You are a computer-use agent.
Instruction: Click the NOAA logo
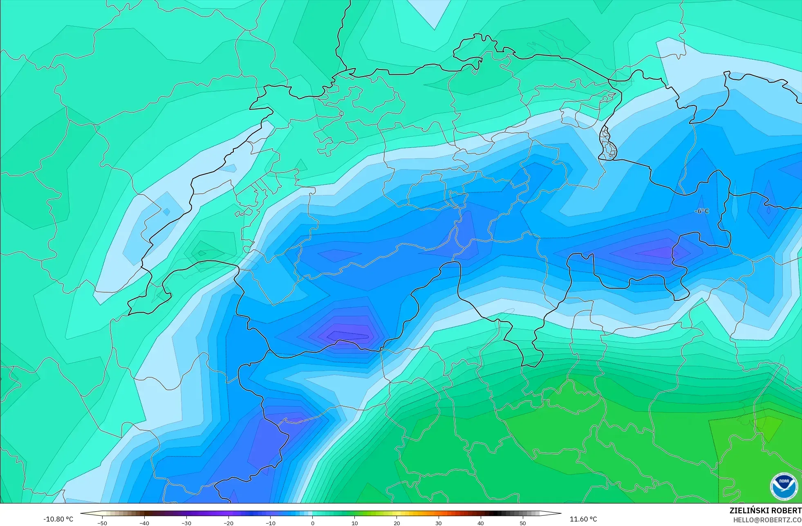[x=784, y=486]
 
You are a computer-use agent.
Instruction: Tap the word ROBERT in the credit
[x=786, y=510]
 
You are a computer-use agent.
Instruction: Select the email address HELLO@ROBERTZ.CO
[x=767, y=520]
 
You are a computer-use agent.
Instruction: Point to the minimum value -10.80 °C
[x=58, y=519]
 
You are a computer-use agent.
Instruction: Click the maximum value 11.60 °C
[x=583, y=519]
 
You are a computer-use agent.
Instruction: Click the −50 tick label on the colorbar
[x=102, y=523]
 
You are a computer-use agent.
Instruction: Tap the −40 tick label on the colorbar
[x=144, y=523]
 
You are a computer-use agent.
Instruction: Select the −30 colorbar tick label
[x=186, y=523]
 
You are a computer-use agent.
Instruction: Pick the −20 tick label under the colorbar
[x=229, y=523]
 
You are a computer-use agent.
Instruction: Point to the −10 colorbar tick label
[x=271, y=523]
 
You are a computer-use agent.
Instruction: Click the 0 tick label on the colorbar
[x=313, y=523]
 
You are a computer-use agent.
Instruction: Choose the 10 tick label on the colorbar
[x=355, y=523]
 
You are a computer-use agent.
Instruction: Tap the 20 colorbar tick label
[x=397, y=523]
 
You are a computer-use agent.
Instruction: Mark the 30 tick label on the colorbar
[x=439, y=523]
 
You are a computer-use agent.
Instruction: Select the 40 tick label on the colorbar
[x=481, y=523]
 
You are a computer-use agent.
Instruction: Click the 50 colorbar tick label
[x=523, y=523]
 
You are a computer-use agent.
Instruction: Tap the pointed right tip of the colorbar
[x=560, y=513]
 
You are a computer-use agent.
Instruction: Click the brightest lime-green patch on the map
[x=768, y=427]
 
